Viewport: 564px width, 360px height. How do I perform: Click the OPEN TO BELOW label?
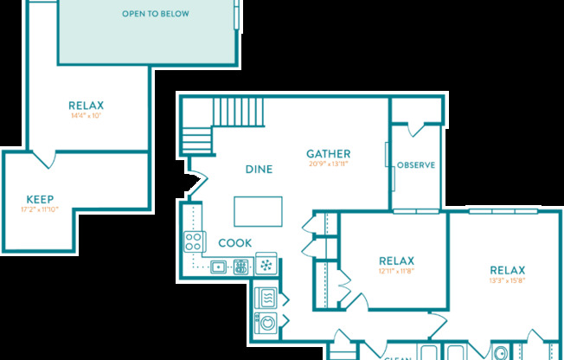click(x=156, y=14)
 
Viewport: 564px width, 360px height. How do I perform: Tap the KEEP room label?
click(x=41, y=198)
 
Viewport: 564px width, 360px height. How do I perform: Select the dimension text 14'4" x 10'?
click(x=86, y=115)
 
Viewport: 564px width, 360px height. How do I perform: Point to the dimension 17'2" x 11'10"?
click(x=41, y=209)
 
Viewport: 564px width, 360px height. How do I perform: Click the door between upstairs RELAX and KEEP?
click(x=45, y=159)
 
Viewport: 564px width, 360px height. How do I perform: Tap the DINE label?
click(x=259, y=170)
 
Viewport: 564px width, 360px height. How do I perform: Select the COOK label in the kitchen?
click(x=235, y=243)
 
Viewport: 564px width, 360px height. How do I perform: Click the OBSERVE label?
click(x=415, y=165)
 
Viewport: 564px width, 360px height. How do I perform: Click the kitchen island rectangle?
click(x=258, y=211)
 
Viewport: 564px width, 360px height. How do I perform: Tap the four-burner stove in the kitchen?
click(x=194, y=242)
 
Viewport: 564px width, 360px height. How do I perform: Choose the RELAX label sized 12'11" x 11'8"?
click(x=396, y=260)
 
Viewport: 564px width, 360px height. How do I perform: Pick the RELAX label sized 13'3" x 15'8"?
click(x=507, y=269)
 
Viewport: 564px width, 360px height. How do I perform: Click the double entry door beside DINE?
click(x=196, y=183)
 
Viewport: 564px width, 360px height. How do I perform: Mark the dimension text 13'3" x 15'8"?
click(x=507, y=280)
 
